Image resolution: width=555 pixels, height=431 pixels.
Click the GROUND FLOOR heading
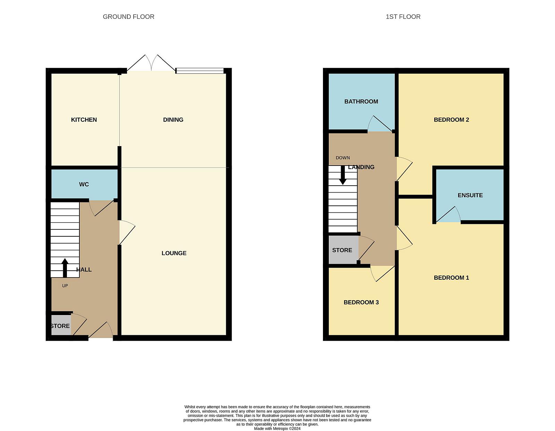click(x=128, y=17)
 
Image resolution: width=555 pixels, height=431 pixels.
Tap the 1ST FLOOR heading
click(x=403, y=17)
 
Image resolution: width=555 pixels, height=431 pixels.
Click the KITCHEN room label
click(x=84, y=120)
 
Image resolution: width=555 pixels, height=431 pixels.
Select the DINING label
click(x=173, y=120)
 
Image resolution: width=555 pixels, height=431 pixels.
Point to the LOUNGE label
click(x=174, y=253)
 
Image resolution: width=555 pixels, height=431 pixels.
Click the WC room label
click(x=84, y=184)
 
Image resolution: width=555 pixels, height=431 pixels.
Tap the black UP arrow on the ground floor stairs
click(x=65, y=268)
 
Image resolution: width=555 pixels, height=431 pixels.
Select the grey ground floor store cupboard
click(x=61, y=325)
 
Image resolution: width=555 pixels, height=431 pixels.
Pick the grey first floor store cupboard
click(x=343, y=250)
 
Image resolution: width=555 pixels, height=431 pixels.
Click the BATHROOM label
click(x=361, y=101)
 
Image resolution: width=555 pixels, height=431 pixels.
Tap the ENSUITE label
click(x=470, y=195)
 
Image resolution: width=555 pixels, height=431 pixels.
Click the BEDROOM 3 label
click(x=361, y=302)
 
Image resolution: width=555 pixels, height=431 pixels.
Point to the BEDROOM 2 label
click(x=451, y=120)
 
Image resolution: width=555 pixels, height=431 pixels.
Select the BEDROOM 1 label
click(x=451, y=278)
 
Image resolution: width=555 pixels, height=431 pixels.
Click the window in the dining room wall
click(x=200, y=71)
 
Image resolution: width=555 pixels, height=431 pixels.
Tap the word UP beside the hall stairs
click(x=65, y=286)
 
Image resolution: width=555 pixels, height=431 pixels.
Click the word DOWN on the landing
click(x=343, y=158)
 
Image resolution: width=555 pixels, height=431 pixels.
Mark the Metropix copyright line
click(x=277, y=429)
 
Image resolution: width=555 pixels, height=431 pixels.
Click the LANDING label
click(x=361, y=167)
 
